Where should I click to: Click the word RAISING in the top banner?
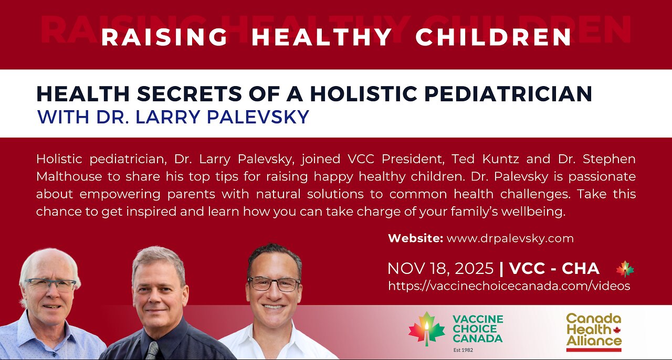tap(164, 37)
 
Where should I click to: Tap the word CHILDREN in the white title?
tap(493, 37)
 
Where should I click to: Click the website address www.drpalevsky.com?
tap(510, 238)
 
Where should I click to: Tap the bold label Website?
tap(415, 238)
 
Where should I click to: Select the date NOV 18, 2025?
tap(440, 269)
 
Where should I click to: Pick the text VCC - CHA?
tap(554, 269)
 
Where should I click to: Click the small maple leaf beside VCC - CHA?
tap(625, 269)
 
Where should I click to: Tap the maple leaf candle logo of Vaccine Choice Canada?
tap(426, 329)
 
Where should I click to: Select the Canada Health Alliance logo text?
tap(593, 330)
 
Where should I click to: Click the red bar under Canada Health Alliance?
tap(593, 350)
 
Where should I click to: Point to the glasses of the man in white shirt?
tap(274, 284)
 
